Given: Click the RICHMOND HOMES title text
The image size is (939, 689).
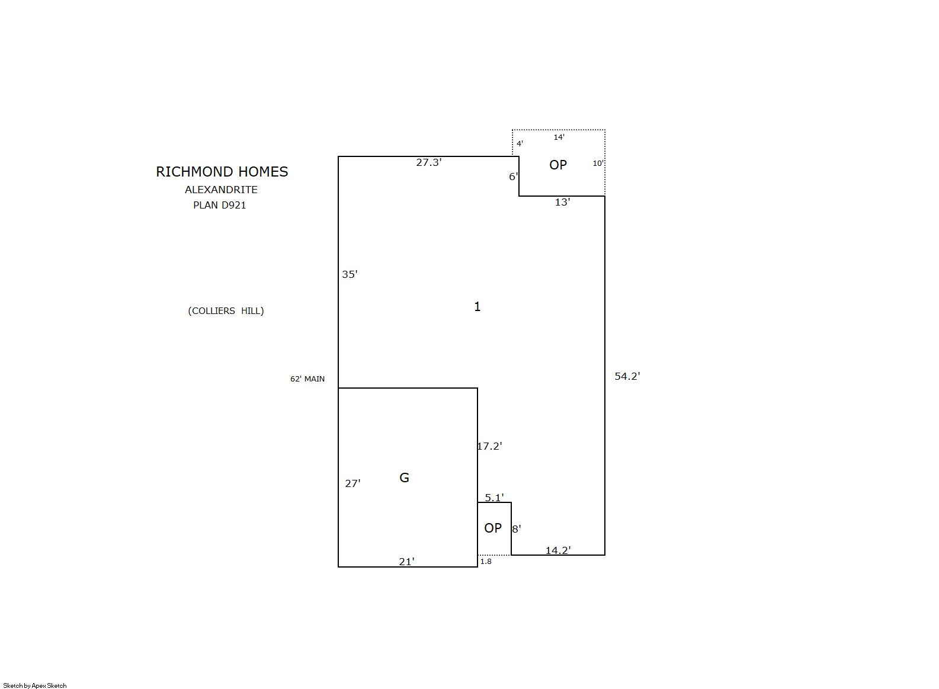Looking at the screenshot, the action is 222,172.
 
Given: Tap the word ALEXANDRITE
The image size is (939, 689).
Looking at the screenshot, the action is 221,190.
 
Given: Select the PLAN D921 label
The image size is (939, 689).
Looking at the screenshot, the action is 219,206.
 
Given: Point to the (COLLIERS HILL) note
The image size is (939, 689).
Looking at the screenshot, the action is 226,311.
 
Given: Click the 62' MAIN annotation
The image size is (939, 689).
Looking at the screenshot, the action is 307,379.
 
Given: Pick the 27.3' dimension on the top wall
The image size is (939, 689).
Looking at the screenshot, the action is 428,162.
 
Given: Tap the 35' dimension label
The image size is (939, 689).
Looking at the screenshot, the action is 350,274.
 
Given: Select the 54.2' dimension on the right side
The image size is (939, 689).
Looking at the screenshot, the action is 627,376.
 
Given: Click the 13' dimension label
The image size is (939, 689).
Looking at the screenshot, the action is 562,203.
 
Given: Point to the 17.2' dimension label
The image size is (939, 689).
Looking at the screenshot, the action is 489,446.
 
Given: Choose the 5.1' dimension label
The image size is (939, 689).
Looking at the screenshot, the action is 494,498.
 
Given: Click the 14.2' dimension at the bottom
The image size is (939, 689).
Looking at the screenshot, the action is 558,550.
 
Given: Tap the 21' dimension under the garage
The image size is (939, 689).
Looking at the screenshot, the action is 406,562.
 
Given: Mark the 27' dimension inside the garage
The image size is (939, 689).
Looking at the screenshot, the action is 352,483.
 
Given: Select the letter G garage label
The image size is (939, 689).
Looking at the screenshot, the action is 404,478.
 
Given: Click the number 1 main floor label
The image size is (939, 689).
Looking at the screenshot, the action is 477,307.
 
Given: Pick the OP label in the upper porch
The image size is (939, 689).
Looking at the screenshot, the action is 558,165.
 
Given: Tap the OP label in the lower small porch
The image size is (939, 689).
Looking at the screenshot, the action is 492,528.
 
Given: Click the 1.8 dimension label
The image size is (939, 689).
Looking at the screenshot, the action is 486,562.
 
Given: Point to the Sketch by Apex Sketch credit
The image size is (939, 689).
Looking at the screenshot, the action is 35,685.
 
